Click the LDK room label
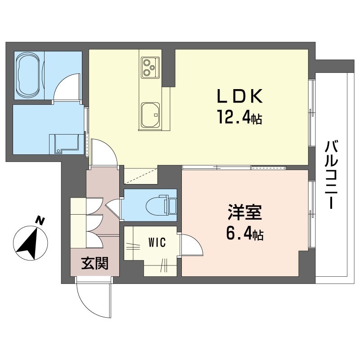[239, 96]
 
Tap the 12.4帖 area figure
[239, 117]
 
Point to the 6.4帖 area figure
[245, 233]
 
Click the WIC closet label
[157, 243]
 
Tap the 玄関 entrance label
[95, 263]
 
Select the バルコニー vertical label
[331, 175]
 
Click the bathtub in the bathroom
[29, 76]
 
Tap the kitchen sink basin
[150, 115]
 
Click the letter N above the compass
[40, 220]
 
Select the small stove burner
[152, 67]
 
